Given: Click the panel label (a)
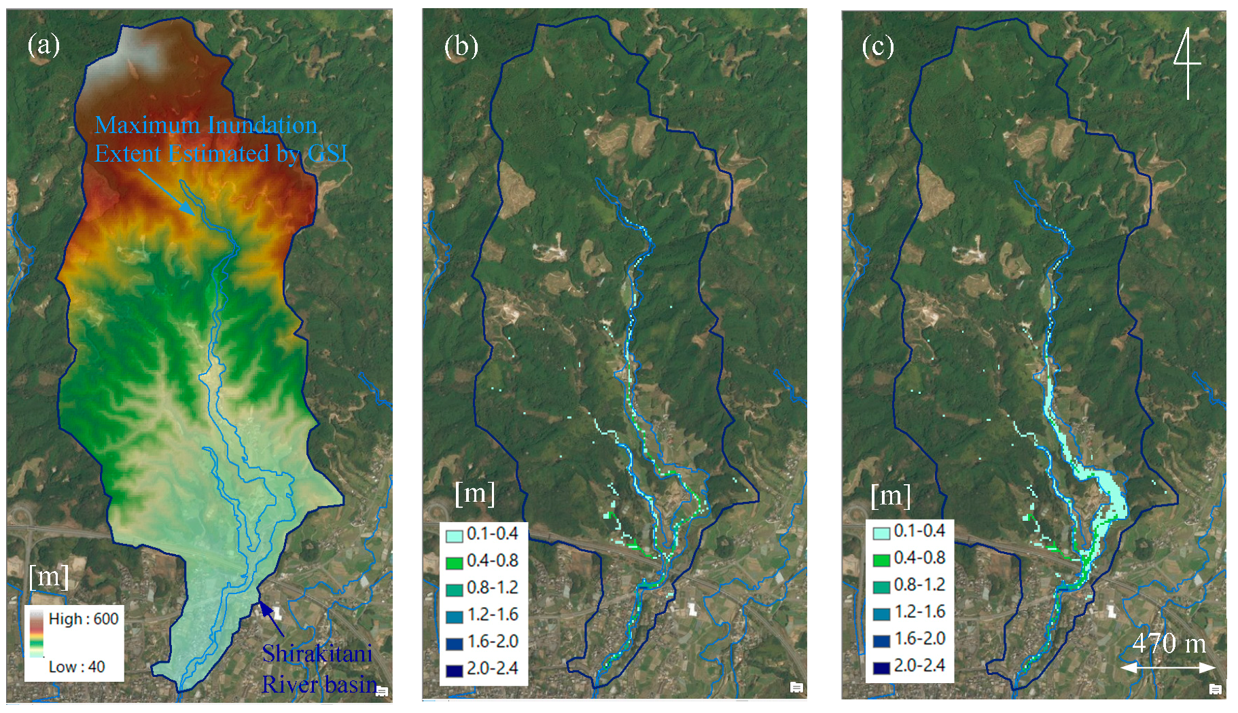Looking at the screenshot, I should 43,45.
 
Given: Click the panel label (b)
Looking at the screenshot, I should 461,47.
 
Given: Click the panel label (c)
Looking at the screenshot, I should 878,47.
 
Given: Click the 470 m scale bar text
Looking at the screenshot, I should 1169,643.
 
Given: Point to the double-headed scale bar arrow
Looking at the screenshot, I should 1167,668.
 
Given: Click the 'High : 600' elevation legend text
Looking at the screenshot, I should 83,619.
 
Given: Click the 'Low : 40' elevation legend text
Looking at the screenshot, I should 76,667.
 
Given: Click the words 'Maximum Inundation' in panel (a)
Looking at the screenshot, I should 206,125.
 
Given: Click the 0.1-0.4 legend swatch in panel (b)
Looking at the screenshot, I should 454,535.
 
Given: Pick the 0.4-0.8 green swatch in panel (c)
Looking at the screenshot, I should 881,560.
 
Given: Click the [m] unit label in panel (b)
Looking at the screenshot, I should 474,492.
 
